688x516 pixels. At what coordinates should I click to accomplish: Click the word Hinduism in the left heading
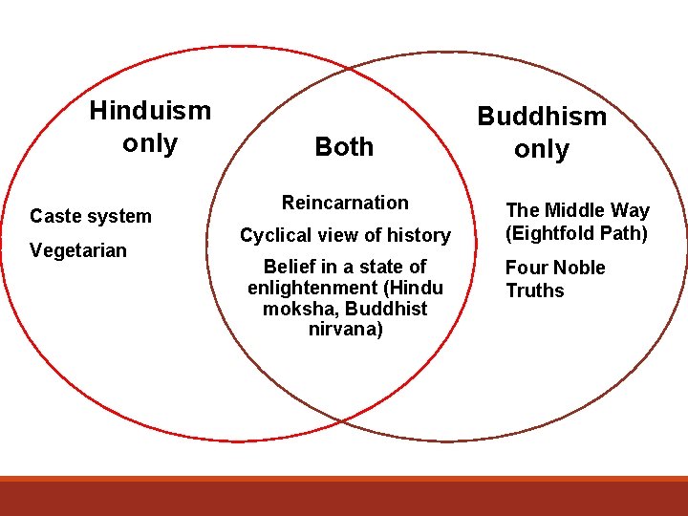point(150,111)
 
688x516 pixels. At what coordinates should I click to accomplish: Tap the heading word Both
point(344,147)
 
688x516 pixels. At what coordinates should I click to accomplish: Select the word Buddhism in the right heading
point(542,117)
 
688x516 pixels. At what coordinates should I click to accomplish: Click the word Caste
point(55,217)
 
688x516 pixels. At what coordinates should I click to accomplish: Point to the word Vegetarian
point(78,250)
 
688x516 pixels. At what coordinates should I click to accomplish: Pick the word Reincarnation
point(345,203)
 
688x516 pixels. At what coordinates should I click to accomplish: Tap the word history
point(419,235)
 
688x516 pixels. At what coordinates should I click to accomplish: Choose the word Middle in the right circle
point(574,211)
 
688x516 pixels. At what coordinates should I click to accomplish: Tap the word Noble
point(579,268)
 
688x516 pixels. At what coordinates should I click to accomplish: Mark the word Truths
point(535,290)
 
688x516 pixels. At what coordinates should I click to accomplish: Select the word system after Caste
point(120,217)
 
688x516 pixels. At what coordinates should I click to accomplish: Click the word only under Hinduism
point(150,144)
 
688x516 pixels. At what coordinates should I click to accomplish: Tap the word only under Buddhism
point(542,150)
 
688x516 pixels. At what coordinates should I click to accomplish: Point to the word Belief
point(291,267)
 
